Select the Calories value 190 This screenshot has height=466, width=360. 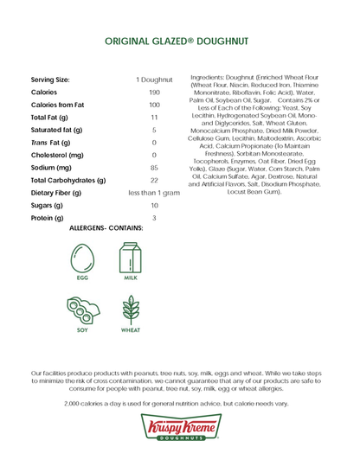(154, 92)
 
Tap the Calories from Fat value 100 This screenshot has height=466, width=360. (154, 105)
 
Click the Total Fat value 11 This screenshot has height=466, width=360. (154, 117)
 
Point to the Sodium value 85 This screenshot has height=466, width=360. (154, 168)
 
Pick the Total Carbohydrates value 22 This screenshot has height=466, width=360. (154, 181)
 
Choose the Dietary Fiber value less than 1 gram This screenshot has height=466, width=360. (154, 193)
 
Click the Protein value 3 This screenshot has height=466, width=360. (154, 219)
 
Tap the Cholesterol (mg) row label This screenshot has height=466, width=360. (57, 155)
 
